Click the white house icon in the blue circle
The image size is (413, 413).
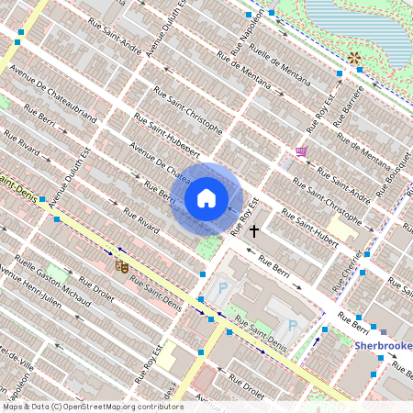pos(206,197)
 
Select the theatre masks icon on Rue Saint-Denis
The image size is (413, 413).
pos(121,266)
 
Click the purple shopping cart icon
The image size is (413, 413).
pos(301,151)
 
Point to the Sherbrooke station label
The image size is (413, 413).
pos(384,346)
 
